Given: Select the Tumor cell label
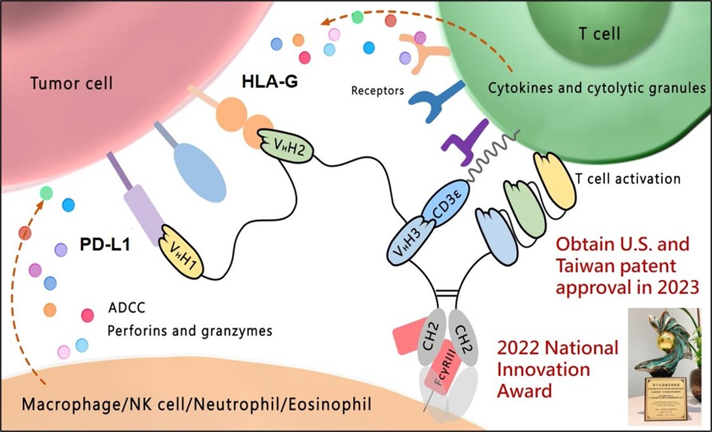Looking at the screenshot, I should (72, 83).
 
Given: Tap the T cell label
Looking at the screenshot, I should (600, 33).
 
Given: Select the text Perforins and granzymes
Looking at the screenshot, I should (189, 330).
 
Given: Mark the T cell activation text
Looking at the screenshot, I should (628, 178).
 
